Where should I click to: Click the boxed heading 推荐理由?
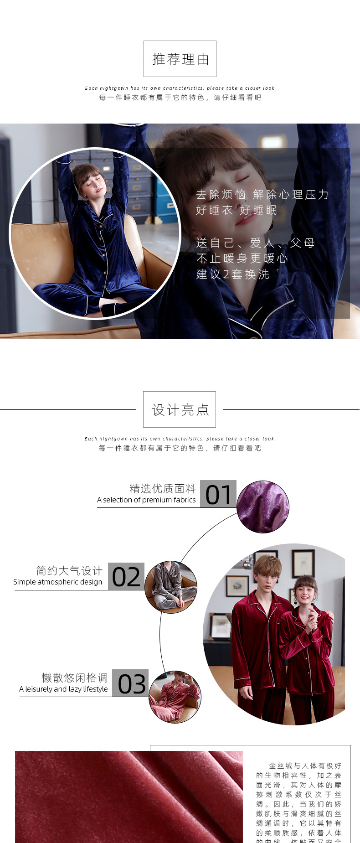180,59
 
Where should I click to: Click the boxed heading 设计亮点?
180,410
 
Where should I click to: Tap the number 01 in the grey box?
218,494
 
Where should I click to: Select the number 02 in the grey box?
126,577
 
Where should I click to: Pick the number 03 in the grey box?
131,683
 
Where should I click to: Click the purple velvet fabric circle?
263,507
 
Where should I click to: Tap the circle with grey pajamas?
171,587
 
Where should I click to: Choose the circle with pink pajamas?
175,697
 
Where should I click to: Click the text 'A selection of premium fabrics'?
146,500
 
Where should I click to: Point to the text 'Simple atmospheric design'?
58,582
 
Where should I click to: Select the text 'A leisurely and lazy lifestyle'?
64,689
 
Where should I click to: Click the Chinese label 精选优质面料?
163,489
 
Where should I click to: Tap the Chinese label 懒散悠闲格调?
75,678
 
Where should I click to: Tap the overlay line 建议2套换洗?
233,274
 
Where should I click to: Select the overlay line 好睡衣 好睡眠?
236,210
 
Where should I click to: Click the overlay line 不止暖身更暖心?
242,259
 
